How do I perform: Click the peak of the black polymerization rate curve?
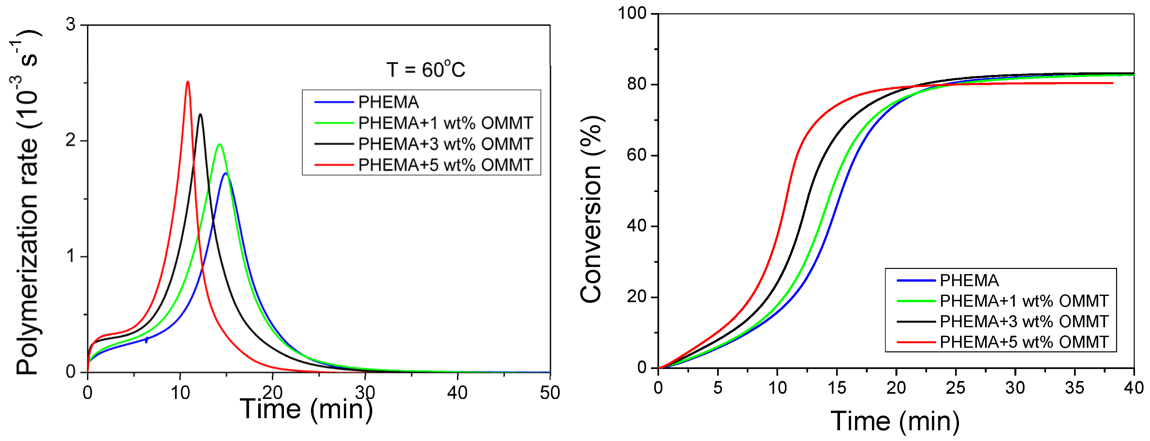pyautogui.click(x=200, y=114)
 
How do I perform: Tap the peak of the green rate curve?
pyautogui.click(x=219, y=144)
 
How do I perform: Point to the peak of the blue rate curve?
pyautogui.click(x=226, y=173)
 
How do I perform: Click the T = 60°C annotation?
pyautogui.click(x=425, y=70)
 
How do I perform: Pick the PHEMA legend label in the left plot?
pyautogui.click(x=389, y=102)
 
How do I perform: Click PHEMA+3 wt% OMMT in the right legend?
pyautogui.click(x=1024, y=321)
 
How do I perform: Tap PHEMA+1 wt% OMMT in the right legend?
pyautogui.click(x=1024, y=301)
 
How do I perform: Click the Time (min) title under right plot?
pyautogui.click(x=895, y=421)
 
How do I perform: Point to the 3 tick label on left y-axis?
pyautogui.click(x=70, y=24)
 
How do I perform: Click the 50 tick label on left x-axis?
pyautogui.click(x=550, y=393)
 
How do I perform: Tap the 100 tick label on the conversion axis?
pyautogui.click(x=632, y=13)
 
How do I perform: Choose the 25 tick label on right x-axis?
pyautogui.click(x=955, y=388)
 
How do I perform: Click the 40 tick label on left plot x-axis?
pyautogui.click(x=457, y=393)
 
